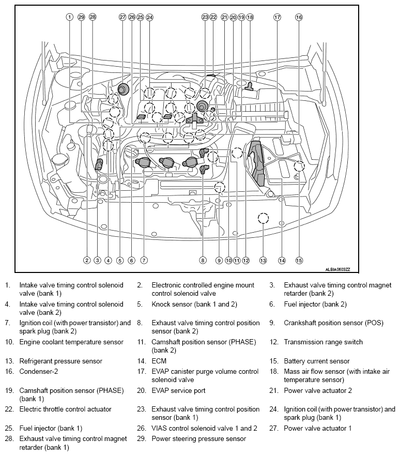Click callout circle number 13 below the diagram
tap(263, 261)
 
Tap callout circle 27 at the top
tap(122, 17)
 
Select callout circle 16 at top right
tap(299, 17)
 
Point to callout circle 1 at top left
tap(69, 17)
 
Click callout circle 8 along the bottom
tap(203, 261)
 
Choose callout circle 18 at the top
tap(250, 17)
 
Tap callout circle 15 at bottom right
tap(299, 261)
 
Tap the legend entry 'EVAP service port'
tap(178, 390)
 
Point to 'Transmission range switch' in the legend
tap(323, 342)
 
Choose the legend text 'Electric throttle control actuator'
tap(65, 409)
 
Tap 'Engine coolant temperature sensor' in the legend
tap(71, 342)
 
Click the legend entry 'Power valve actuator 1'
tap(317, 429)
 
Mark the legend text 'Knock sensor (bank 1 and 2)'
tap(194, 304)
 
